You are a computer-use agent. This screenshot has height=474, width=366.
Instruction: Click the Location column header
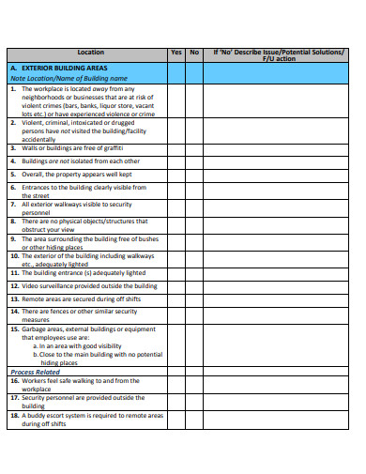[x=91, y=53]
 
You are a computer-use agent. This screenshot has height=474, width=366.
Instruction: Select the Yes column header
[x=176, y=53]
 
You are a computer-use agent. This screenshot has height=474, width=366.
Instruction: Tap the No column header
[x=194, y=53]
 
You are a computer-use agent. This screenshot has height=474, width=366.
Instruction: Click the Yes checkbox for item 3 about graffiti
[x=176, y=147]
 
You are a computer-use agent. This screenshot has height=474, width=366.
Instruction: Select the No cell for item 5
[x=194, y=174]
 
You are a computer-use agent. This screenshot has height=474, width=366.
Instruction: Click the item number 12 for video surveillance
[x=14, y=285]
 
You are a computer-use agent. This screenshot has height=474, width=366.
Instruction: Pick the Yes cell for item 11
[x=176, y=272]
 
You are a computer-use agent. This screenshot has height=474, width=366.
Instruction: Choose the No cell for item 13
[x=194, y=298]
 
